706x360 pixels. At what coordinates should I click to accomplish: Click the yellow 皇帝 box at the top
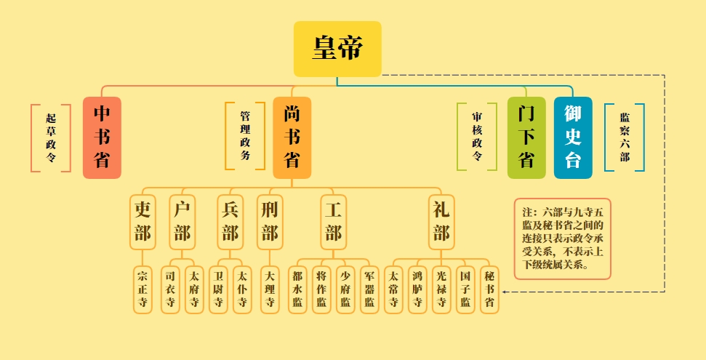pos(337,49)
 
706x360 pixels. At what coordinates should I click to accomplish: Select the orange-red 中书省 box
pos(102,137)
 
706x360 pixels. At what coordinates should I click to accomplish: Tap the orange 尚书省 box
pos(292,137)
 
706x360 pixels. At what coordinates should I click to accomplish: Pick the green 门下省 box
pos(526,137)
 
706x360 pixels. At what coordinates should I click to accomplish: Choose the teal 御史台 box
pos(573,137)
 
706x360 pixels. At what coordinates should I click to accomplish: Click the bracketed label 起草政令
pos(50,137)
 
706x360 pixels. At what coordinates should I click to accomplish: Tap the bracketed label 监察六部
pos(625,137)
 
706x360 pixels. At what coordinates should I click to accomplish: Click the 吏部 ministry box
pos(143,221)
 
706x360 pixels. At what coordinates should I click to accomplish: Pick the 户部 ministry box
pos(182,221)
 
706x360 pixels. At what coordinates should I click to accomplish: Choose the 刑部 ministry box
pos(270,221)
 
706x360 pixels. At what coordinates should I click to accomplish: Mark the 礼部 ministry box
pos(441,221)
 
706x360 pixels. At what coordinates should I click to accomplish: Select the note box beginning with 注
pos(562,239)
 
